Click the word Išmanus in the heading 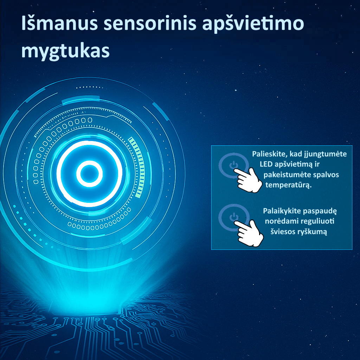[x=60, y=23]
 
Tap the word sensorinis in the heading [x=150, y=23]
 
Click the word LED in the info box [x=266, y=164]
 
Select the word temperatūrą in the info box [x=289, y=185]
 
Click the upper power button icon [x=233, y=165]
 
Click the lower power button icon [x=233, y=217]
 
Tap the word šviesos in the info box [x=283, y=231]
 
